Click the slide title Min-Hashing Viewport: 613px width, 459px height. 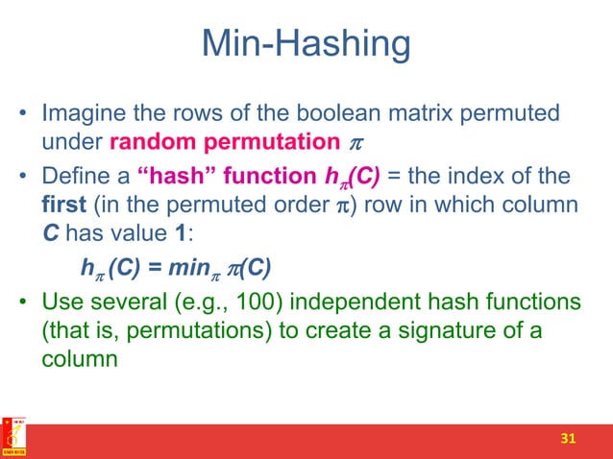tap(306, 46)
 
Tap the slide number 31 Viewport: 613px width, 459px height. tap(568, 439)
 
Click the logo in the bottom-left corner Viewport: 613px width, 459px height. tap(13, 437)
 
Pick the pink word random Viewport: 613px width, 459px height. tap(153, 143)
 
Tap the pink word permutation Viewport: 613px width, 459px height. tap(263, 143)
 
